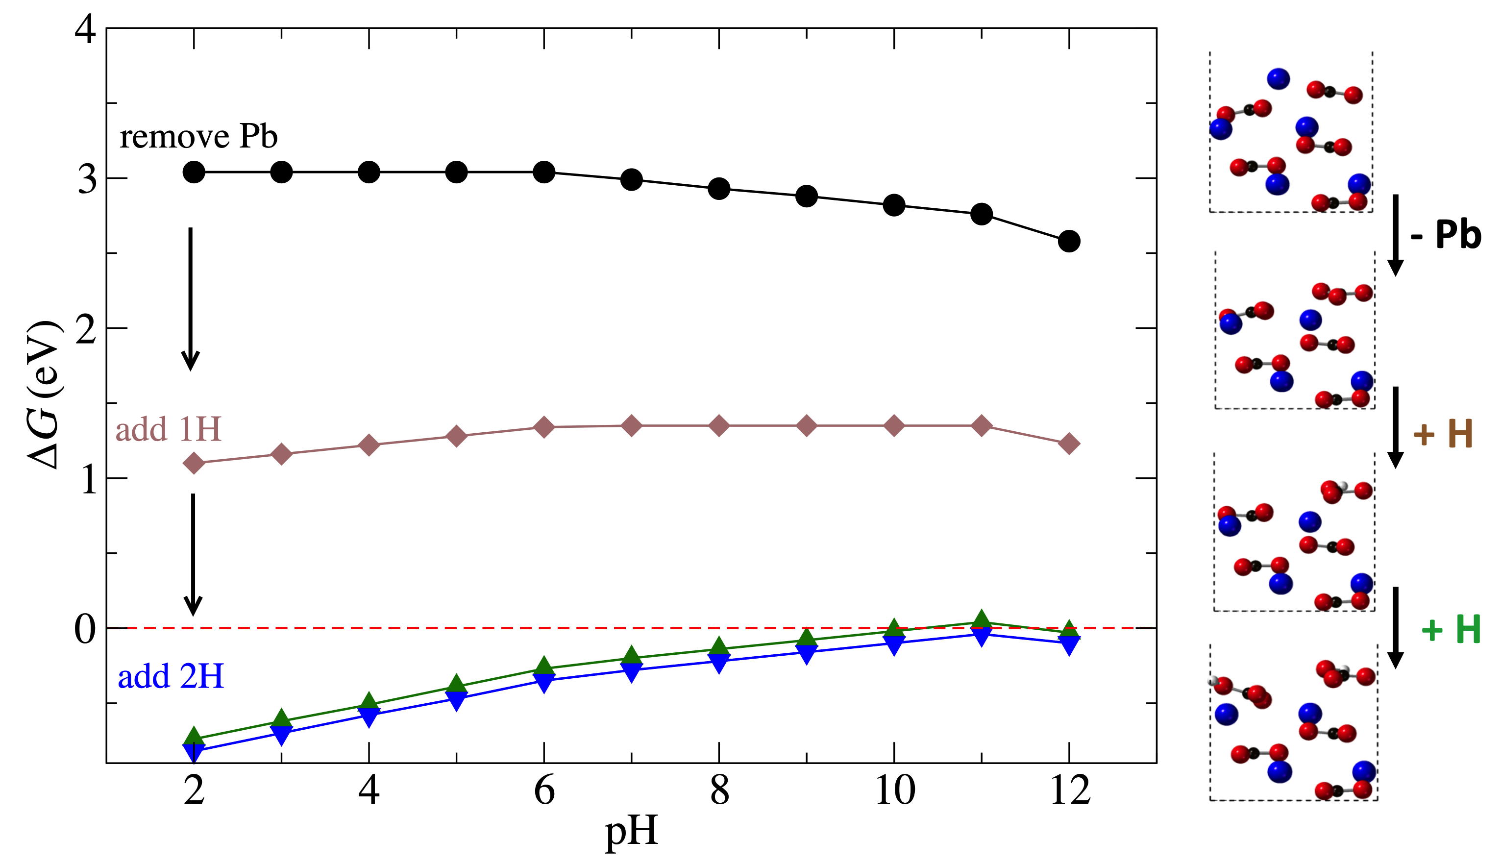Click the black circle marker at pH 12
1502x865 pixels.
[1068, 241]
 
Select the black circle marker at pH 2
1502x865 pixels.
[194, 173]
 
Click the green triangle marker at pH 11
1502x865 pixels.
[981, 619]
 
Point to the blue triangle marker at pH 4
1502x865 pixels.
[369, 717]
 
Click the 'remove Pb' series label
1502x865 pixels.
[198, 137]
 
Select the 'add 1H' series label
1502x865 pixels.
[168, 429]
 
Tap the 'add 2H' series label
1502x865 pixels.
[171, 677]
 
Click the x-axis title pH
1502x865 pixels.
[631, 832]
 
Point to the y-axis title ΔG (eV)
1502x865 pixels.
[45, 395]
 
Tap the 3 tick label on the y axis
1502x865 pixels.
[87, 178]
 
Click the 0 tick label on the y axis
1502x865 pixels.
[85, 629]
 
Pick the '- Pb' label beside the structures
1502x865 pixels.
[1446, 234]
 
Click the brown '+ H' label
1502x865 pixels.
[1443, 434]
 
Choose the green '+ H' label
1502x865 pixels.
[1451, 630]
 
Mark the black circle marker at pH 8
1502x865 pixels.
[718, 188]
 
